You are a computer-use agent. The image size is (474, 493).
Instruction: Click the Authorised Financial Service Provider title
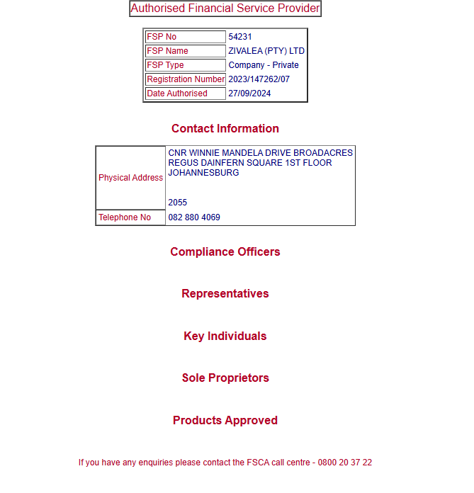coord(225,8)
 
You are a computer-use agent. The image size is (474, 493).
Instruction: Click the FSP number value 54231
coord(240,37)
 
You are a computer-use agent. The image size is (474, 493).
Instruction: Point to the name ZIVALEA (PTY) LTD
coord(266,51)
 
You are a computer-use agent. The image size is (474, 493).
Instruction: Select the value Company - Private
coord(264,65)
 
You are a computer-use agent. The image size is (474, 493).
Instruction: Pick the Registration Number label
coord(186,79)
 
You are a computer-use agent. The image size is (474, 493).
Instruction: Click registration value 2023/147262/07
coord(259,79)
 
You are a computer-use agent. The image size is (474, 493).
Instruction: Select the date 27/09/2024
coord(249,93)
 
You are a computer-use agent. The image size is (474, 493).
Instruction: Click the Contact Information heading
coord(225,129)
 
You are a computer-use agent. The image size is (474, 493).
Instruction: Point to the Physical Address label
coord(131,178)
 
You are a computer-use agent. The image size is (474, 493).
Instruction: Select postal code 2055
coord(178,203)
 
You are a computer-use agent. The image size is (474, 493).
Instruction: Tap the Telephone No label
coord(125,217)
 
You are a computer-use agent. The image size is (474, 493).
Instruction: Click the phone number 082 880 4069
coord(194,217)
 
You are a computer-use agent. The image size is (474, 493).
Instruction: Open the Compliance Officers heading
coord(225,252)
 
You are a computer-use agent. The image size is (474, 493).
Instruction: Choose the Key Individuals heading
coord(225,336)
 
